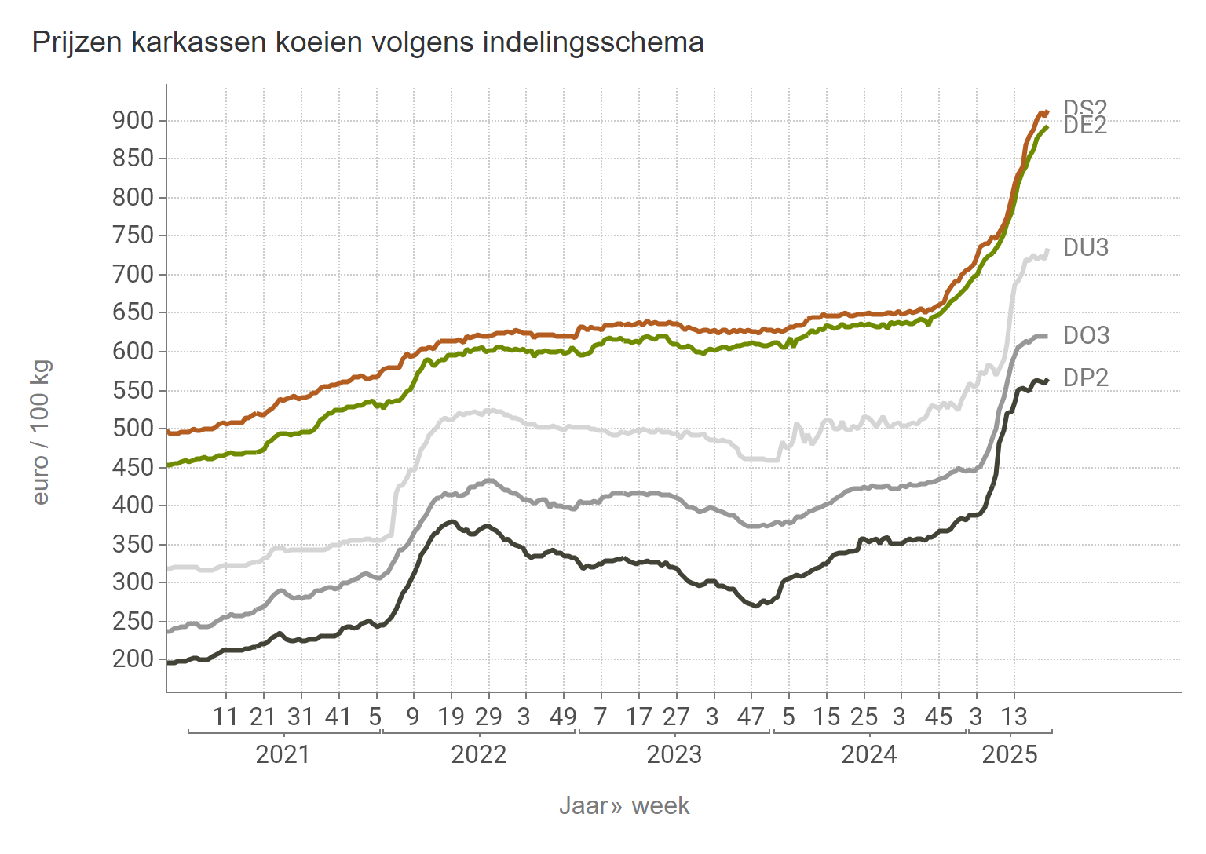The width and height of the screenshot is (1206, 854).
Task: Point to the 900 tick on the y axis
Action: (133, 120)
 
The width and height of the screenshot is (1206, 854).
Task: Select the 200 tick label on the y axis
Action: (133, 659)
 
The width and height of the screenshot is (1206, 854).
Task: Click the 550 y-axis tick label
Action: (133, 390)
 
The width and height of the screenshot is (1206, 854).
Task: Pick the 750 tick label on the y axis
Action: (133, 235)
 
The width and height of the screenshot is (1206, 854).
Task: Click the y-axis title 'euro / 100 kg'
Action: (41, 432)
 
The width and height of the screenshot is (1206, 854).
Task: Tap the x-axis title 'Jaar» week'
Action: (624, 806)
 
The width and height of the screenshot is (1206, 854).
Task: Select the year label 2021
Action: (283, 755)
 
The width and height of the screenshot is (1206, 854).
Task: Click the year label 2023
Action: (674, 755)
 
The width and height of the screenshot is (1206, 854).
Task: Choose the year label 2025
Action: (1010, 755)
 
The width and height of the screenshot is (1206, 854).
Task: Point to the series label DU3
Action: (1086, 248)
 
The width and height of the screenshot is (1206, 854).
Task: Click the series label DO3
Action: (1086, 336)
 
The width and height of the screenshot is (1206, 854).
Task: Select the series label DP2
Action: (1086, 378)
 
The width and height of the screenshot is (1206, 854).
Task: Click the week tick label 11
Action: (225, 717)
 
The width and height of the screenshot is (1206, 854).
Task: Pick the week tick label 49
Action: (563, 717)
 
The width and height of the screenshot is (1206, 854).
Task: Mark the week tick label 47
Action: (751, 717)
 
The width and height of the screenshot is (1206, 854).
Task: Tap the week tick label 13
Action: (1014, 717)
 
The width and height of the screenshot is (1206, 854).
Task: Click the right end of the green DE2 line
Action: (1047, 127)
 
